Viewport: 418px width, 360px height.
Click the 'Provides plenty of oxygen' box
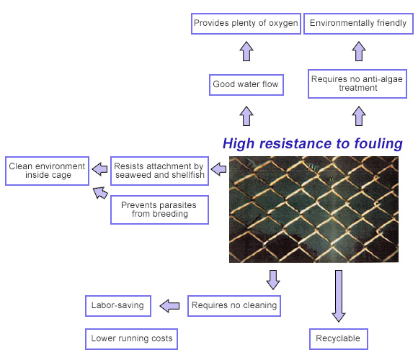[246, 24]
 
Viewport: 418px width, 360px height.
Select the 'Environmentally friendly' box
[359, 24]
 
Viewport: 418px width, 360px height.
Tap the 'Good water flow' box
[246, 85]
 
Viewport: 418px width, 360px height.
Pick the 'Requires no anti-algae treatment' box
[357, 84]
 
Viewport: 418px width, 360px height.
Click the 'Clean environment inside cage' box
[47, 171]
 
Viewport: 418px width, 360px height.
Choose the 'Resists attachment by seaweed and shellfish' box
[160, 171]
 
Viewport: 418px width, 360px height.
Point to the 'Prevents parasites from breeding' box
[160, 210]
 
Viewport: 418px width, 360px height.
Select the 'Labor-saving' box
[118, 306]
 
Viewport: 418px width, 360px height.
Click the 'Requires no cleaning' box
[234, 306]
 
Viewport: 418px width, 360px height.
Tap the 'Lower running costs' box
[131, 339]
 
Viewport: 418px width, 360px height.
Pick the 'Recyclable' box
[339, 339]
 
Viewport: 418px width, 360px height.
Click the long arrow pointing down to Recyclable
[339, 296]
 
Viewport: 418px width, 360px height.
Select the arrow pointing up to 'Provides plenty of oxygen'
[246, 51]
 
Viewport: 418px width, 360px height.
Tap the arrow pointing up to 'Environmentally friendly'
[359, 51]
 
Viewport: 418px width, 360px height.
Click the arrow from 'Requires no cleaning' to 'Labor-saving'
[169, 306]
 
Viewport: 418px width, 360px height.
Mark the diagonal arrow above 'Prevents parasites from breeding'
[100, 193]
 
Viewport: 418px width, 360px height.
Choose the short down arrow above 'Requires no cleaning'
[273, 280]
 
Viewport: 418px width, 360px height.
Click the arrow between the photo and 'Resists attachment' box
[218, 168]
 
